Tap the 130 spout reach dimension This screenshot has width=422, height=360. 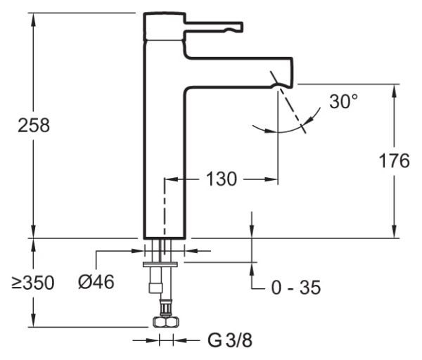(x=221, y=179)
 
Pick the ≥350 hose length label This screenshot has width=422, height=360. (x=32, y=283)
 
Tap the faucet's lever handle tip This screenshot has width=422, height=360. (x=237, y=27)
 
